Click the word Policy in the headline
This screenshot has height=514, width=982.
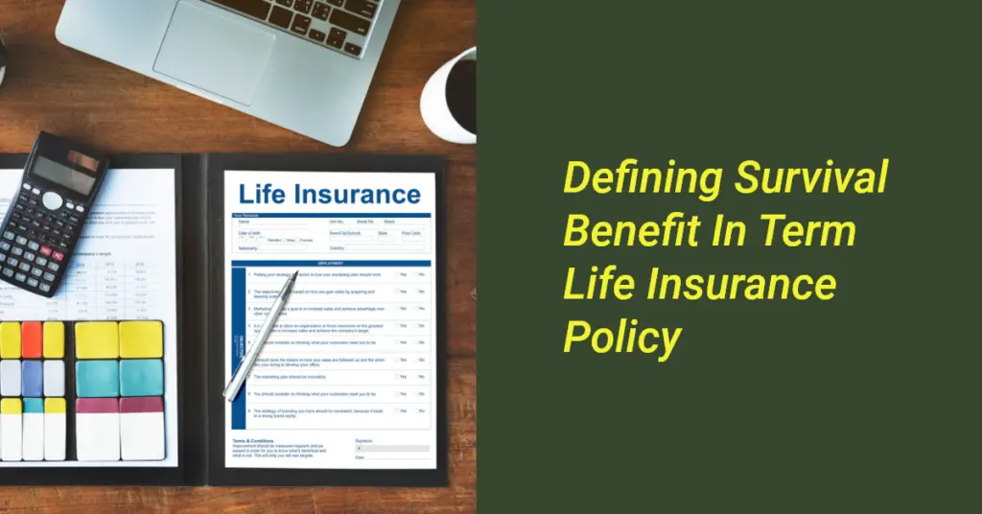click(622, 337)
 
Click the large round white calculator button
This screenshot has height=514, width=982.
click(52, 199)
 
